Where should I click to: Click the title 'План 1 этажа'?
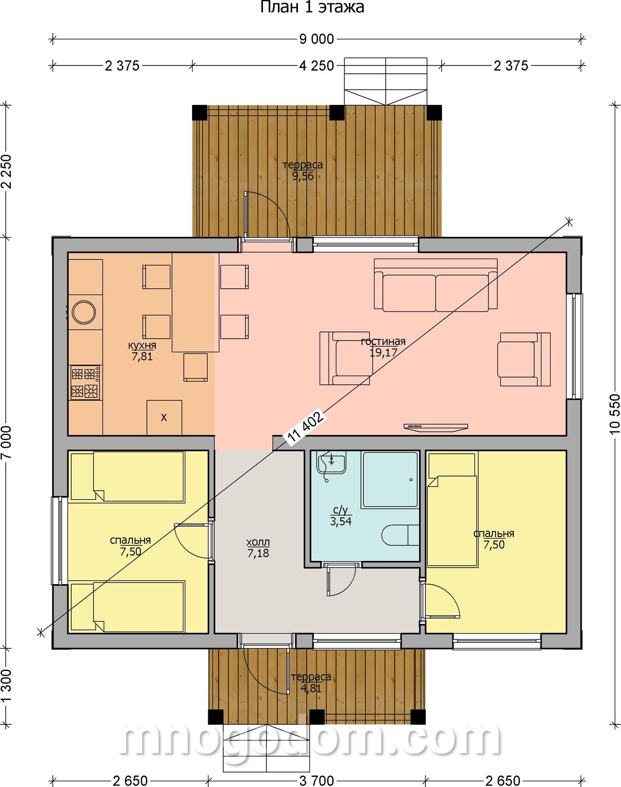312,7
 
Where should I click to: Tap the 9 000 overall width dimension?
317,39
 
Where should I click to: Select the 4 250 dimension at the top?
317,66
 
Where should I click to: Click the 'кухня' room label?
142,345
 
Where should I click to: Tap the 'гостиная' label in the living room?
383,341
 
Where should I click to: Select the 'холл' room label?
258,541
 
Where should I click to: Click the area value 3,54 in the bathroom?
341,521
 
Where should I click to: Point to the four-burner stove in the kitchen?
85,383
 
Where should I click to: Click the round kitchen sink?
84,312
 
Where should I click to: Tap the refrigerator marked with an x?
164,417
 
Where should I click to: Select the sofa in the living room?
436,285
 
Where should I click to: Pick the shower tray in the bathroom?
390,479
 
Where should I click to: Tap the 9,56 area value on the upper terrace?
303,176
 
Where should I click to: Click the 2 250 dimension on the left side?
7,172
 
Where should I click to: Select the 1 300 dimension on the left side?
7,685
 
